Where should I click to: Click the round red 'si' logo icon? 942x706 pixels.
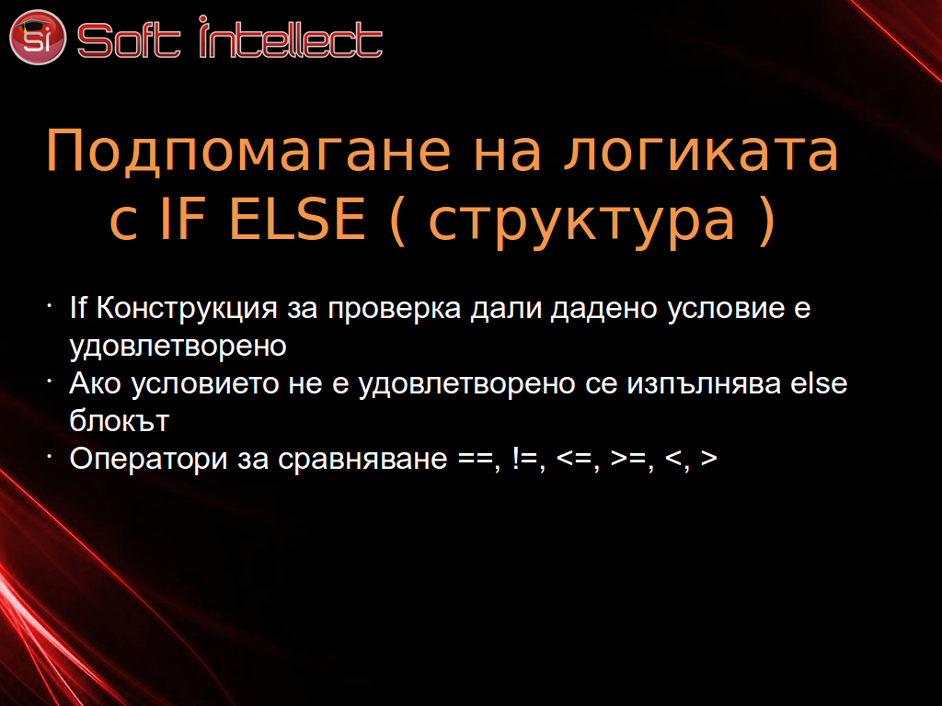[x=37, y=37]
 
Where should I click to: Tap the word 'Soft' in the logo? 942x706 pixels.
[x=129, y=40]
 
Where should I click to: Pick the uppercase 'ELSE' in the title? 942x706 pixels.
[x=297, y=218]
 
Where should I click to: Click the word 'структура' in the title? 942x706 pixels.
[x=581, y=222]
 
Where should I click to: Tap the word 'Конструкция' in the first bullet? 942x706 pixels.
[x=187, y=310]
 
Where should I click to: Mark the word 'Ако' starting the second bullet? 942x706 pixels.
[x=95, y=383]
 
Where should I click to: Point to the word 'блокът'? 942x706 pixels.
[x=119, y=421]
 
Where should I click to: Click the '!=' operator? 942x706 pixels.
[x=526, y=459]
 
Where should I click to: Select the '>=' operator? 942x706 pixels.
[x=628, y=459]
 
